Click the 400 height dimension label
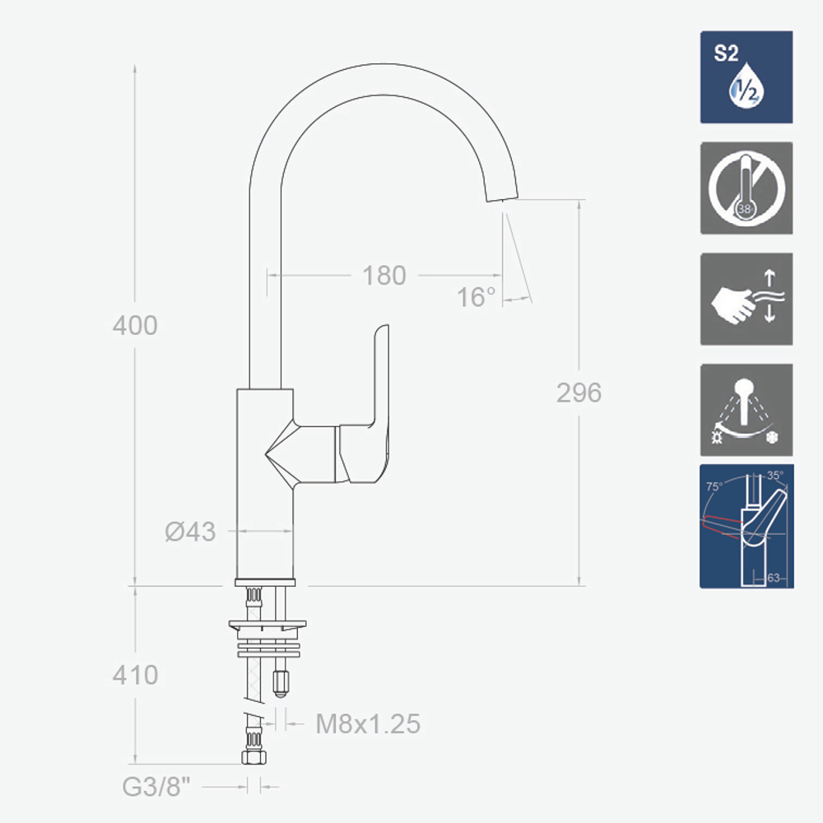click(x=135, y=325)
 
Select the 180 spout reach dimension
click(x=384, y=276)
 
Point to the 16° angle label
click(x=476, y=298)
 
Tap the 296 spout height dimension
click(x=579, y=393)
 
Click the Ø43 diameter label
click(x=190, y=532)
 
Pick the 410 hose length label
click(x=135, y=675)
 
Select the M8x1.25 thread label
click(x=368, y=723)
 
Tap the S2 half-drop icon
click(x=746, y=77)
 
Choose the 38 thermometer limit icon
click(x=746, y=188)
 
